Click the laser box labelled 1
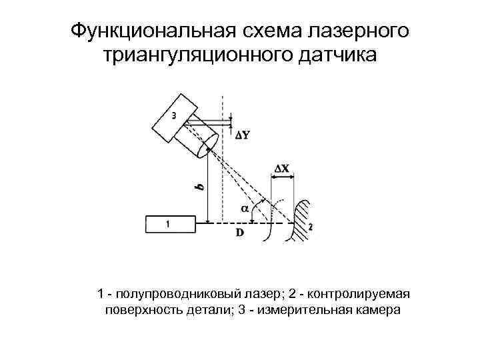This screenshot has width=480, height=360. coord(170,224)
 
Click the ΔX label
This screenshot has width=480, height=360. coord(282,169)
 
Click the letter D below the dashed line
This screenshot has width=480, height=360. coord(239,232)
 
